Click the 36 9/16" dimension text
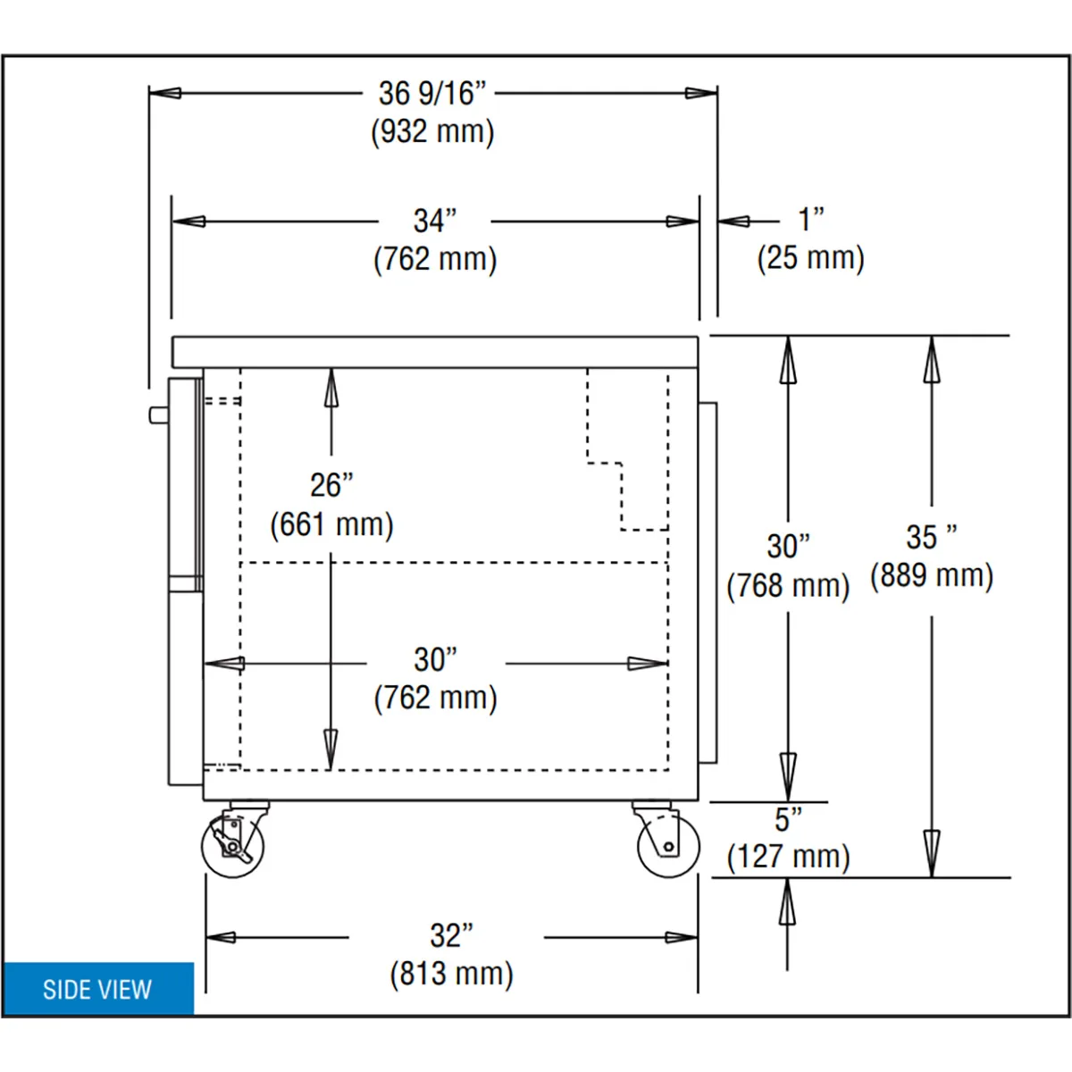(432, 94)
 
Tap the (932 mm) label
(432, 132)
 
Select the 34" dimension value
(434, 221)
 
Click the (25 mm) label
(810, 258)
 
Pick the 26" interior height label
(331, 485)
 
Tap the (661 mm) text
(331, 524)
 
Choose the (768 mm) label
(788, 585)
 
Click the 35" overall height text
(931, 538)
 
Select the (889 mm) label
(931, 575)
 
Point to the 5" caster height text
(788, 819)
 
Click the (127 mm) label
(788, 857)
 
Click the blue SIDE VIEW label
(98, 989)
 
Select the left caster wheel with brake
(233, 846)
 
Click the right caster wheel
(668, 846)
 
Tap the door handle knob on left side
(158, 415)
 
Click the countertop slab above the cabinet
(435, 352)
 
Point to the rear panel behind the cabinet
(708, 582)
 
